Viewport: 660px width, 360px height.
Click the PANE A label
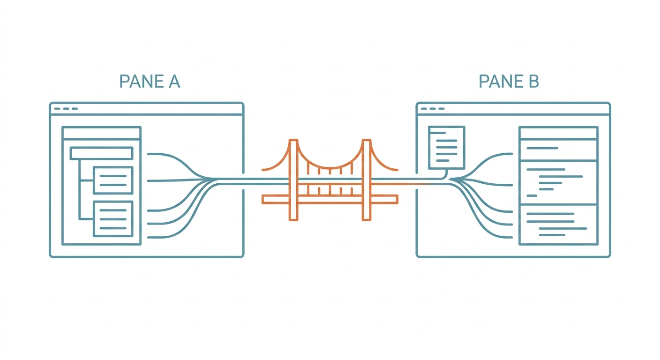pyautogui.click(x=150, y=81)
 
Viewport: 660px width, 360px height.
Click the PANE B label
pyautogui.click(x=509, y=81)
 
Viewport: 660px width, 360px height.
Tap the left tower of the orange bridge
pyautogui.click(x=293, y=180)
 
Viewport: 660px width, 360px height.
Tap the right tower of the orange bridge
pyautogui.click(x=367, y=180)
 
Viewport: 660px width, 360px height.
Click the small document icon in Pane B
pyautogui.click(x=447, y=148)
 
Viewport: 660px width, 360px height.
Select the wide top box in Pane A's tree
pyautogui.click(x=101, y=153)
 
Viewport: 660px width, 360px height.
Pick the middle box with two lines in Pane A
pyautogui.click(x=113, y=180)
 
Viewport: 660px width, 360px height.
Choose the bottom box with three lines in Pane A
pyautogui.click(x=113, y=219)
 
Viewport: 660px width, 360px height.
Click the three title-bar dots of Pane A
pyautogui.click(x=66, y=109)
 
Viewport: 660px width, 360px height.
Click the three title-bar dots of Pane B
pyautogui.click(x=433, y=109)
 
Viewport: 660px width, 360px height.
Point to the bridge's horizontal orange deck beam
pyautogui.click(x=330, y=199)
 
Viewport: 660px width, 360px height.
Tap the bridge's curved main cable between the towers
pyautogui.click(x=330, y=168)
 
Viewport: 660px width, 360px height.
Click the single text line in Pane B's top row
pyautogui.click(x=542, y=148)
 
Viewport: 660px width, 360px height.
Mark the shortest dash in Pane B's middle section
pyautogui.click(x=532, y=195)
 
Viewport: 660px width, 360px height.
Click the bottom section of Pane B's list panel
pyautogui.click(x=558, y=225)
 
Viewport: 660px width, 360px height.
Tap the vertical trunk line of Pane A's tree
pyautogui.click(x=80, y=189)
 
